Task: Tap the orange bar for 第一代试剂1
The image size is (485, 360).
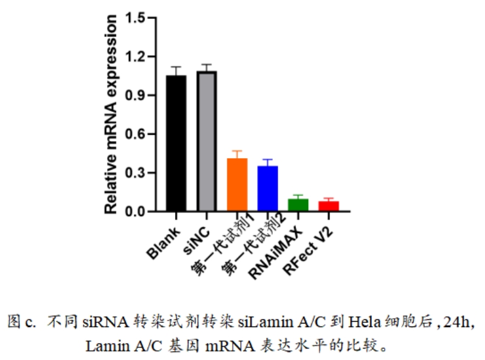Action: coord(237,185)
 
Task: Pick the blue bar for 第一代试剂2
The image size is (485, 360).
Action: coord(267,189)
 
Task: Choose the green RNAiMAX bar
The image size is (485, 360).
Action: coord(298,205)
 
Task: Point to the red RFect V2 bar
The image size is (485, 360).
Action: coord(328,206)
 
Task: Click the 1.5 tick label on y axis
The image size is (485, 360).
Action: coord(137,18)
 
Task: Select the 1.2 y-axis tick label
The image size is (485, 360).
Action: coord(137,57)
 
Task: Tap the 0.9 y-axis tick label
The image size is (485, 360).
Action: coord(137,95)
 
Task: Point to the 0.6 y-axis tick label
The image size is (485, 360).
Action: coord(137,134)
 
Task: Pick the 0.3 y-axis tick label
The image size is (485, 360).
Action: coord(137,173)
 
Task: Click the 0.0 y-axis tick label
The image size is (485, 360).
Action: coord(137,212)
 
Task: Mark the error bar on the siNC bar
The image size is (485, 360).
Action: coord(207,67)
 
